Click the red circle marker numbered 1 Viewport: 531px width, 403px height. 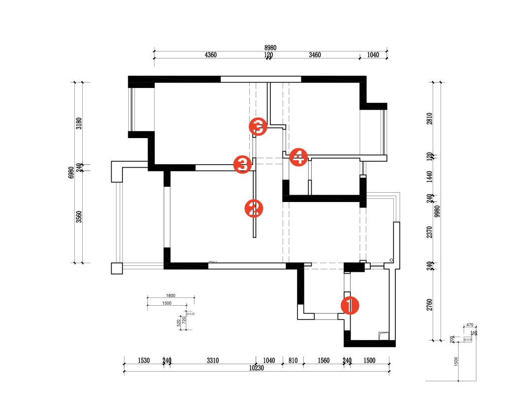(x=350, y=305)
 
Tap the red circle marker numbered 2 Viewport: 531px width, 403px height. (x=254, y=208)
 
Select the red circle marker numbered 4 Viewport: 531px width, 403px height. (x=298, y=157)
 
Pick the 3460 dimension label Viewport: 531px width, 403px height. (x=315, y=55)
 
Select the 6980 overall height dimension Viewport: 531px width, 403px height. (x=71, y=172)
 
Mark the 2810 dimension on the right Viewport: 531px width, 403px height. (x=429, y=119)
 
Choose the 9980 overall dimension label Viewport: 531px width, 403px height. (x=437, y=211)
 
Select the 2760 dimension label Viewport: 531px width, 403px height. (x=429, y=305)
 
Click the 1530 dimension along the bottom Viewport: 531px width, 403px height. (x=144, y=361)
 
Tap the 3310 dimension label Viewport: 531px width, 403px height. (x=212, y=361)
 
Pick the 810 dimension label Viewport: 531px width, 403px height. (x=293, y=361)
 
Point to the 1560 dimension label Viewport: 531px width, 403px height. (x=324, y=361)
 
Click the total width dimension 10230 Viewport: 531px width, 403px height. (x=257, y=368)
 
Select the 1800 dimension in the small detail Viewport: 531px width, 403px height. (x=171, y=296)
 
